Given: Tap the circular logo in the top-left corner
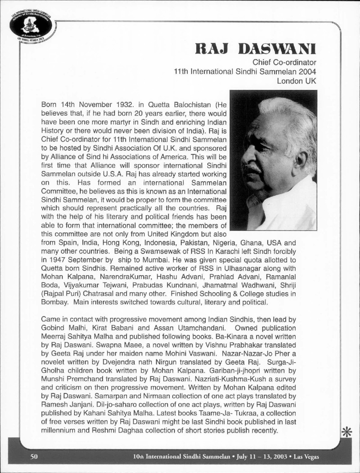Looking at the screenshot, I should [30, 25].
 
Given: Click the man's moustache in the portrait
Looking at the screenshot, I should [252, 169].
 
